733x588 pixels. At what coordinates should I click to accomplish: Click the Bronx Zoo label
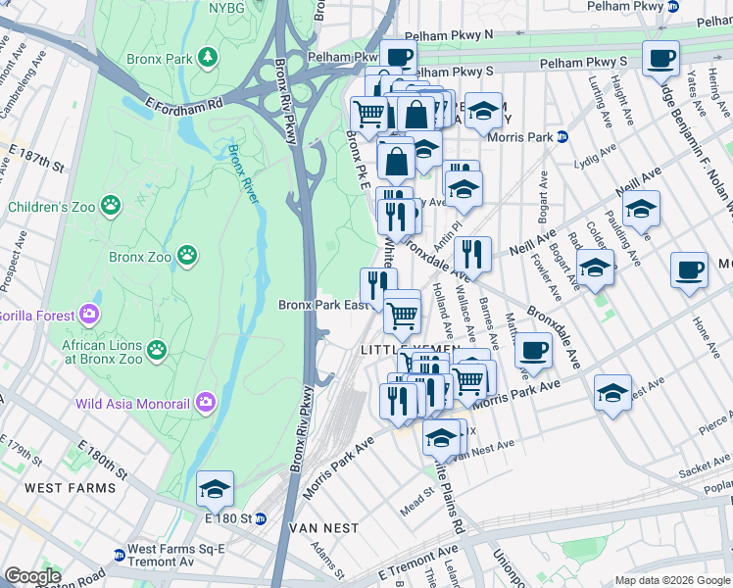(140, 257)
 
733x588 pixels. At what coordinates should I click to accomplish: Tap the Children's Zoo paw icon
(113, 206)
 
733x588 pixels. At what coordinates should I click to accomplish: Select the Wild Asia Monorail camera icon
(206, 402)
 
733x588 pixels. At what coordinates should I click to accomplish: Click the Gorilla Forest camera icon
(89, 315)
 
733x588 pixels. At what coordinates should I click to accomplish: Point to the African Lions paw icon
(156, 349)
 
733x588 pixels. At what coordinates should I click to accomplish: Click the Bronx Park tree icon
(207, 58)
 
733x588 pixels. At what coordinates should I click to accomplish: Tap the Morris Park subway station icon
(562, 136)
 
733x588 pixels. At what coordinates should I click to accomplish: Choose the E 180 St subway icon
(261, 518)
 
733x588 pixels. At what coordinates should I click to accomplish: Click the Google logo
(32, 576)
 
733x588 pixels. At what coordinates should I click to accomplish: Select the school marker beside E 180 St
(215, 488)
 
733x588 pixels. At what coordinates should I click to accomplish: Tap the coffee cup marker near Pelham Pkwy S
(660, 57)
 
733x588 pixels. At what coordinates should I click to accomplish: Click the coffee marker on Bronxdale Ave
(533, 349)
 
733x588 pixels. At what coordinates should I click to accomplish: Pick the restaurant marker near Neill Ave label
(472, 254)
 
